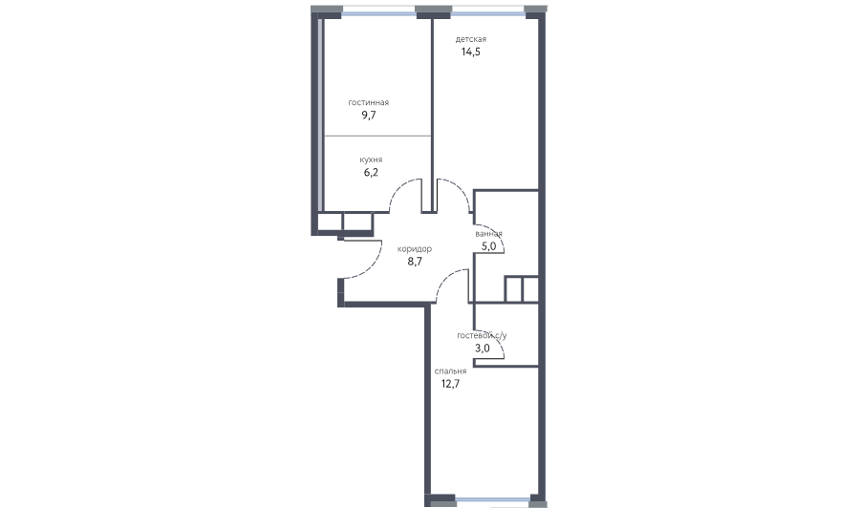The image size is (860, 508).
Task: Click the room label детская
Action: [x=470, y=39]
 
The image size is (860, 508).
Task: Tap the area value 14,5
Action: [x=470, y=53]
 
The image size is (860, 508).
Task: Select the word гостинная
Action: [x=369, y=102]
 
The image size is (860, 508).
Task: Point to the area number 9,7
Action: [x=369, y=116]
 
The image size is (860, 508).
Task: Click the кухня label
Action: [x=372, y=160]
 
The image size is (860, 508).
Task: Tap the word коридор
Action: [x=415, y=249]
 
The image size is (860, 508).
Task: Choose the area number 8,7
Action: [x=415, y=262]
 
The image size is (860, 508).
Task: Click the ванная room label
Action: [x=488, y=234]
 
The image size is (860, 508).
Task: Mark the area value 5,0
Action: [x=488, y=246]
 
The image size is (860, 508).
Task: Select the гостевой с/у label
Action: [x=483, y=335]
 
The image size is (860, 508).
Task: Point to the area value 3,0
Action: [x=483, y=348]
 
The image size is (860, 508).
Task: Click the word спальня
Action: [x=450, y=371]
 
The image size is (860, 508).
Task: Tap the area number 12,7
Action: [x=450, y=384]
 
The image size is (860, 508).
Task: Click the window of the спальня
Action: [x=493, y=499]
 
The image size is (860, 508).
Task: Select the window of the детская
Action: [x=487, y=9]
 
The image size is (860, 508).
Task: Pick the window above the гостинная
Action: [x=378, y=9]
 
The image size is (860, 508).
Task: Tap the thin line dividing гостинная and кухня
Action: [x=377, y=136]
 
